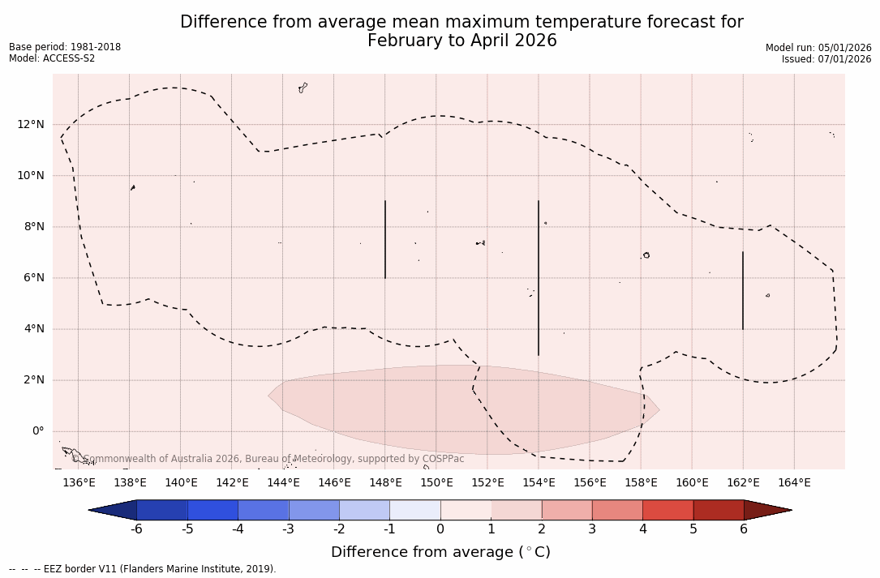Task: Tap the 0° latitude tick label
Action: pyautogui.click(x=37, y=431)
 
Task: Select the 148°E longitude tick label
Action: pyautogui.click(x=385, y=483)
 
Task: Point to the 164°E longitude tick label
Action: pyautogui.click(x=794, y=483)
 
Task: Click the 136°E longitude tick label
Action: pyautogui.click(x=79, y=483)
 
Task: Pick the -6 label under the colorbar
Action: pyautogui.click(x=137, y=529)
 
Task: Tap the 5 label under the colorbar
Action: pyautogui.click(x=693, y=529)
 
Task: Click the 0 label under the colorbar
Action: pyautogui.click(x=440, y=529)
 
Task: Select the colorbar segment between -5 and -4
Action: pyautogui.click(x=212, y=510)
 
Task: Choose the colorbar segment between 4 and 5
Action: pyautogui.click(x=668, y=510)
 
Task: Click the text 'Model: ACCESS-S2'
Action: pyautogui.click(x=52, y=58)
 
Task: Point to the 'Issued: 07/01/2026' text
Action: pyautogui.click(x=826, y=59)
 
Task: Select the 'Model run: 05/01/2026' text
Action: pyautogui.click(x=818, y=48)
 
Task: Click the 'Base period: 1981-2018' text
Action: pyautogui.click(x=65, y=47)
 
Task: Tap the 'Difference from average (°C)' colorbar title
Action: pyautogui.click(x=440, y=552)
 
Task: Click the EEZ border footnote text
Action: pyautogui.click(x=143, y=569)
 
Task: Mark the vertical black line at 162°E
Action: pyautogui.click(x=743, y=290)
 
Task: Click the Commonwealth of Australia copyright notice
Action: pyautogui.click(x=268, y=459)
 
